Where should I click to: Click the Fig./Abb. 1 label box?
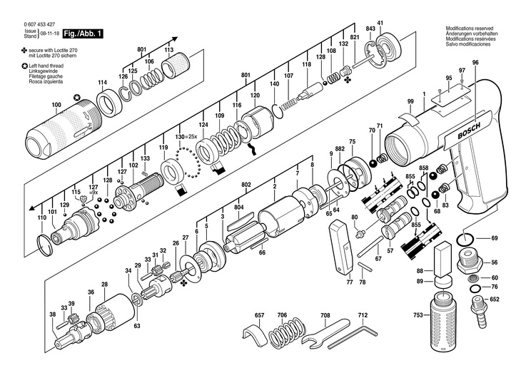pos(83,34)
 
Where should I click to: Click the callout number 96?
pos(475,63)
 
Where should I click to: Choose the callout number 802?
pos(247,185)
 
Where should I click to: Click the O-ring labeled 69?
pos(466,238)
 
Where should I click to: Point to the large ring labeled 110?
pos(45,242)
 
